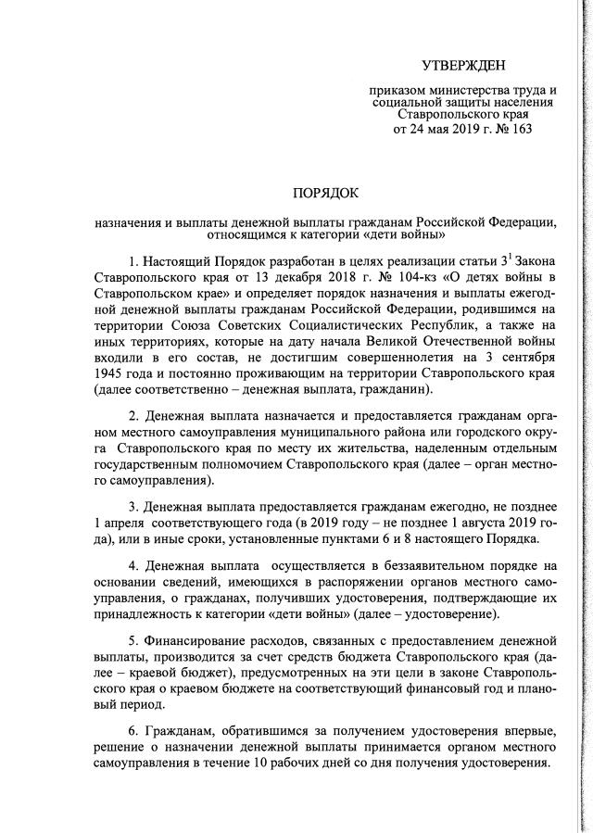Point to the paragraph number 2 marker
pos(134,414)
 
